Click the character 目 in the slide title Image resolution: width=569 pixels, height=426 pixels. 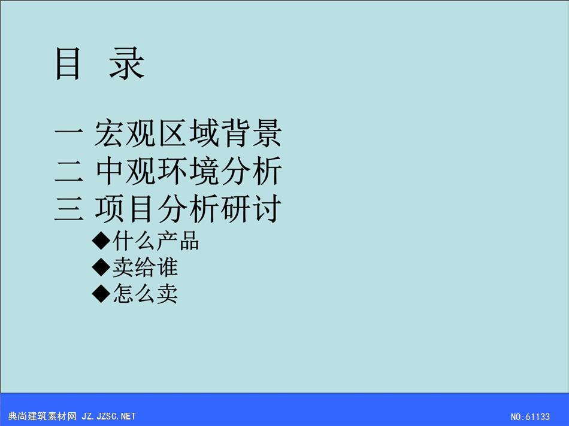(x=68, y=64)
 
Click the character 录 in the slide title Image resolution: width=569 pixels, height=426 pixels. (x=127, y=64)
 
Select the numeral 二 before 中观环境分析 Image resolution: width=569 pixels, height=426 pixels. (x=69, y=171)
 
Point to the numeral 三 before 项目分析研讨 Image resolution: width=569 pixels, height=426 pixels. (x=69, y=208)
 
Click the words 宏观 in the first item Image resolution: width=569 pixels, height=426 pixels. (x=125, y=133)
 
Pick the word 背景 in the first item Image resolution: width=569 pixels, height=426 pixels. (x=250, y=133)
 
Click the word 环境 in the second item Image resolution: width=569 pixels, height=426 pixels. (x=188, y=171)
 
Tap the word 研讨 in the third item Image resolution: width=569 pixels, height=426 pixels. (x=250, y=208)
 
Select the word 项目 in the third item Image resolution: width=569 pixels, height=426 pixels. (x=125, y=208)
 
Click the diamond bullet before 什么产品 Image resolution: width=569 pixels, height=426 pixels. (x=101, y=241)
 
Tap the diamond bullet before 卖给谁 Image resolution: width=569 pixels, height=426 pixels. (x=101, y=267)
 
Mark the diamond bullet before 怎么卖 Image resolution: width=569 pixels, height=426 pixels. (x=101, y=293)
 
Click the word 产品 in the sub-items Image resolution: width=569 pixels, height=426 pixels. (x=178, y=241)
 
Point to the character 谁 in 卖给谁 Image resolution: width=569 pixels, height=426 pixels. (x=167, y=267)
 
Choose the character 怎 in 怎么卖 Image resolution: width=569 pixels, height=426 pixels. (x=123, y=294)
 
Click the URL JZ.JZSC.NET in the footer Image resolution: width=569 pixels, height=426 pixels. (x=108, y=416)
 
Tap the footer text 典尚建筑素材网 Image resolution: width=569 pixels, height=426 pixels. (x=42, y=416)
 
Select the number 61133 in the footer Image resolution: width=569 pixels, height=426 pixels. (x=537, y=417)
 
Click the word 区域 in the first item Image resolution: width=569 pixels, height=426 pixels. (x=188, y=133)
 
